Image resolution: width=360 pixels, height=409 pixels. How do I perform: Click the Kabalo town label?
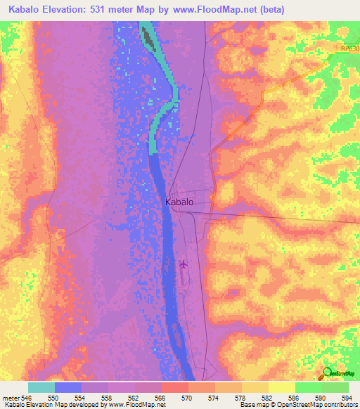tap(179, 202)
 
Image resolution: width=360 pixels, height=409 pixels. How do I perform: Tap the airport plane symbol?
tap(184, 265)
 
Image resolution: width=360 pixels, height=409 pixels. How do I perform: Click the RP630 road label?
tap(347, 47)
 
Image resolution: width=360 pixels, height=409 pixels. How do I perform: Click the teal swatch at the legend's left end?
tap(41, 387)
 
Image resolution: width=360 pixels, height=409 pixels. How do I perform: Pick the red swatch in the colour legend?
tap(174, 387)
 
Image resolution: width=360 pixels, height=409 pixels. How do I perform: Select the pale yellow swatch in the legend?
tap(281, 387)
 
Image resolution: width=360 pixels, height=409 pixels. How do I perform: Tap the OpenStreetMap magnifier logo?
tap(328, 373)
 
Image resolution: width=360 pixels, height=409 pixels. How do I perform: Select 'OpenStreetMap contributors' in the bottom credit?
tap(317, 405)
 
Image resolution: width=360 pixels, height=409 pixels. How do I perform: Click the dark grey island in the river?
tap(148, 35)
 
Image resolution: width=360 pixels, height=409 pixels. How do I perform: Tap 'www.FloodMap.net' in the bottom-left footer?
tap(139, 405)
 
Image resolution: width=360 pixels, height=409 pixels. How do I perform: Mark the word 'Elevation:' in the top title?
tap(68, 9)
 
